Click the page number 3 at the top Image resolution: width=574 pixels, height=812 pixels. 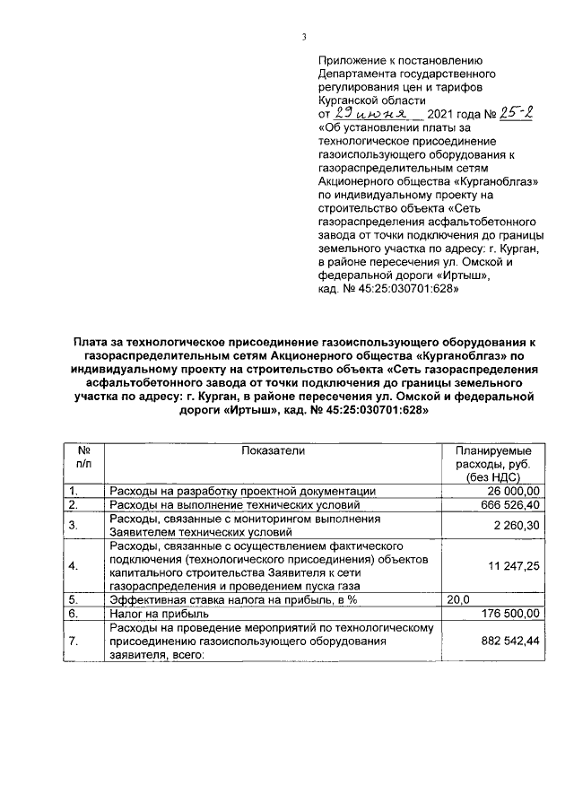coord(304,37)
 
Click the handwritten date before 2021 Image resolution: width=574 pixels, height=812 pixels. coord(369,115)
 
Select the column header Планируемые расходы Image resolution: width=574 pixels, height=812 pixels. coord(492,464)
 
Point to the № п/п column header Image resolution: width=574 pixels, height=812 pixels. coord(84,457)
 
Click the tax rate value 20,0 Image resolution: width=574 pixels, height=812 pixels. coord(458,599)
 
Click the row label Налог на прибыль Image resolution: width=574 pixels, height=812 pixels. coord(159,614)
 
